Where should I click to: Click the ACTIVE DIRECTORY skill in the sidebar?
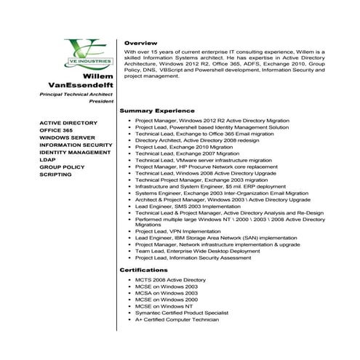click(68, 123)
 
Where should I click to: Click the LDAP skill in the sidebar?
click(47, 160)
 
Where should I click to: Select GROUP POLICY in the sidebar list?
click(62, 167)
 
